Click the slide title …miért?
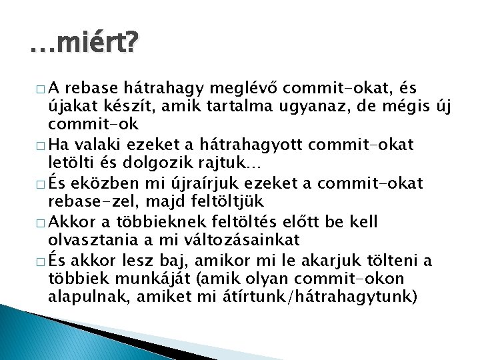(x=84, y=44)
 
